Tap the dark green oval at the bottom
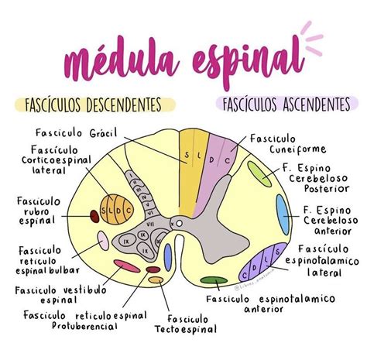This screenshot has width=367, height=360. coord(211,280)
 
